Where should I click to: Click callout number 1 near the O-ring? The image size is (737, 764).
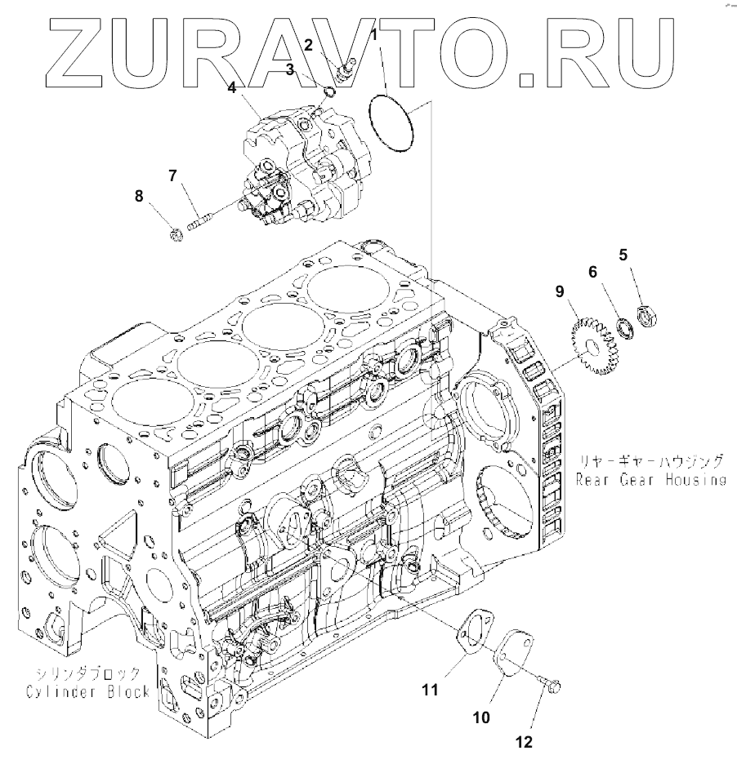point(373,35)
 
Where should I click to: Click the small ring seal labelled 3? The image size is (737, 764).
point(328,91)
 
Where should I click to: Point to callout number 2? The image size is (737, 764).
point(309,46)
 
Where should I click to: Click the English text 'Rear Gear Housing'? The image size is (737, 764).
point(650,480)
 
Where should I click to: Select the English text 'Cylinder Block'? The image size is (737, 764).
point(86,691)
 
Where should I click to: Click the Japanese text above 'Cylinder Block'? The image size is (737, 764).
point(87,673)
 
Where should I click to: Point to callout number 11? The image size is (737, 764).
point(430,690)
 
